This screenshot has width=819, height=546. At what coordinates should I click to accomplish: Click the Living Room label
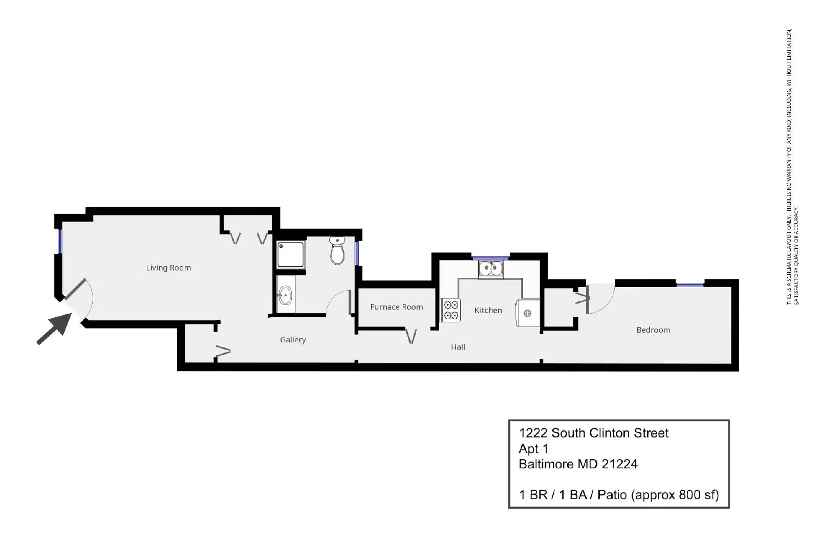pyautogui.click(x=168, y=268)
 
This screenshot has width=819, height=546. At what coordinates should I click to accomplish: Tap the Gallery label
pyautogui.click(x=293, y=340)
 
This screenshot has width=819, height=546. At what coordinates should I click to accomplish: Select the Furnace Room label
pyautogui.click(x=397, y=307)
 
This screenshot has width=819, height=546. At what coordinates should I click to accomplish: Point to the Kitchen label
pyautogui.click(x=488, y=310)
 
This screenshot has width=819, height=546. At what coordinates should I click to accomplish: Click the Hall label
pyautogui.click(x=458, y=347)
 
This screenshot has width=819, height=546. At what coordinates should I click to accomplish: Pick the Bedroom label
pyautogui.click(x=653, y=330)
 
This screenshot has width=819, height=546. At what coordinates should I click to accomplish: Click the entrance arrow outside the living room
pyautogui.click(x=54, y=329)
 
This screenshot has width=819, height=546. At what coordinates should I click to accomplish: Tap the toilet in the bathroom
pyautogui.click(x=337, y=250)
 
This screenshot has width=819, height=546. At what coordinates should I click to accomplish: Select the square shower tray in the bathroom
pyautogui.click(x=291, y=254)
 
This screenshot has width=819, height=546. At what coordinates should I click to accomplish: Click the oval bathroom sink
pyautogui.click(x=285, y=295)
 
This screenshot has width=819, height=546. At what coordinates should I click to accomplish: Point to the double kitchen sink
pyautogui.click(x=491, y=269)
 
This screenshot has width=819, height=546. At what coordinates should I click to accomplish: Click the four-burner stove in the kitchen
pyautogui.click(x=451, y=310)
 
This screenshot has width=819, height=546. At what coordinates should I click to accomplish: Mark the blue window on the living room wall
pyautogui.click(x=60, y=241)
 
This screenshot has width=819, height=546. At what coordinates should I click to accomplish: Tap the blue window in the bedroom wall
pyautogui.click(x=690, y=285)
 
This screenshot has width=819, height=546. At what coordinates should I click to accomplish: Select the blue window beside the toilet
pyautogui.click(x=357, y=253)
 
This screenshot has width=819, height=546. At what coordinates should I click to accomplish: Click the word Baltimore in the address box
pyautogui.click(x=547, y=464)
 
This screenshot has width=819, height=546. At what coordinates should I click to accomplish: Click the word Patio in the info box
pyautogui.click(x=612, y=495)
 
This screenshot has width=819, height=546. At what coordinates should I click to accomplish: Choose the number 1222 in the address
pyautogui.click(x=533, y=433)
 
